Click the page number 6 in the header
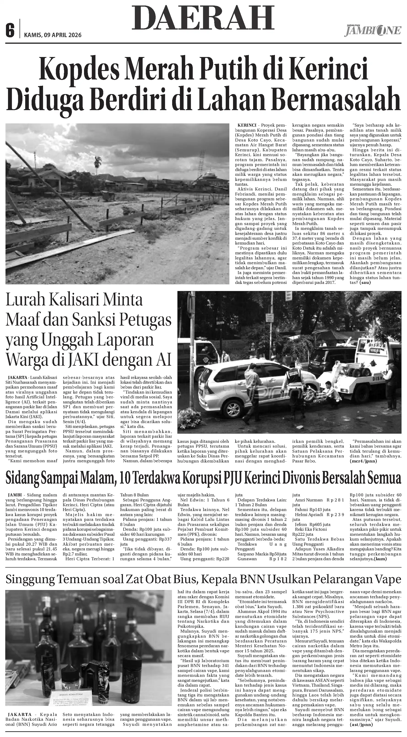click(10, 31)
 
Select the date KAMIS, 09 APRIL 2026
click(53, 35)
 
